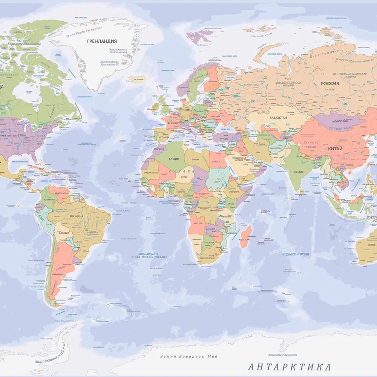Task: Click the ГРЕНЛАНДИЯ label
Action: (102, 41)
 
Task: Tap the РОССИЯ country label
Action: (330, 84)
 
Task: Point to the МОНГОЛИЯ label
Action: (340, 121)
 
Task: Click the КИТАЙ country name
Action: (335, 149)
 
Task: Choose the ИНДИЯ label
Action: (299, 172)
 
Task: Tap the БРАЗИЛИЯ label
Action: (76, 217)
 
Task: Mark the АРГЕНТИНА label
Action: (55, 274)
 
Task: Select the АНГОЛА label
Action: (198, 223)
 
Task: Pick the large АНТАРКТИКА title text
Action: (290, 367)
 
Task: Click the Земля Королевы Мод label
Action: (188, 356)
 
